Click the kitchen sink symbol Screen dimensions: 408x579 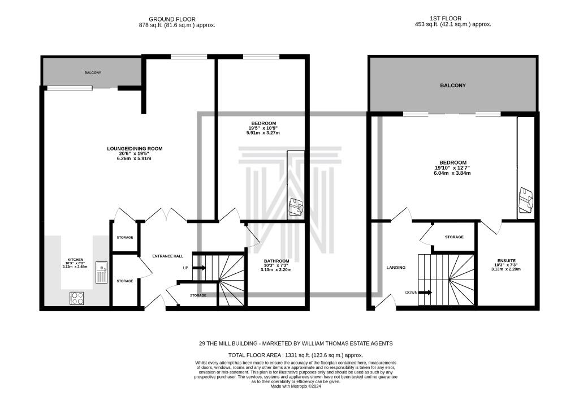[x=101, y=272]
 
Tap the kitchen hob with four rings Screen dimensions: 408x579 [x=77, y=298]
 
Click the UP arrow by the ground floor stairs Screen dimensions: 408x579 [x=199, y=268]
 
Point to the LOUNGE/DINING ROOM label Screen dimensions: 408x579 [x=135, y=149]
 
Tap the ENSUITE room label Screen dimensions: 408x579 [x=505, y=261]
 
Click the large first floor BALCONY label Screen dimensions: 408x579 [x=452, y=85]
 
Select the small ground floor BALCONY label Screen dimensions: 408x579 [x=93, y=73]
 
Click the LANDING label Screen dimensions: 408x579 [x=396, y=268]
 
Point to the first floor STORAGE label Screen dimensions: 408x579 [x=454, y=237]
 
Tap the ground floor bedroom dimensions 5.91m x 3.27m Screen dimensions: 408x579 [x=263, y=133]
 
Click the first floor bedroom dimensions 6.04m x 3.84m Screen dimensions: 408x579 [x=452, y=173]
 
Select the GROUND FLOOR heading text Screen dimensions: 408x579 [x=177, y=19]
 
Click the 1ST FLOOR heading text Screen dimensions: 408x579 [x=452, y=19]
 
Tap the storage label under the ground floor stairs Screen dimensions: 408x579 [x=198, y=295]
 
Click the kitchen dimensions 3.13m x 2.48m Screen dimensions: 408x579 [x=75, y=267]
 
